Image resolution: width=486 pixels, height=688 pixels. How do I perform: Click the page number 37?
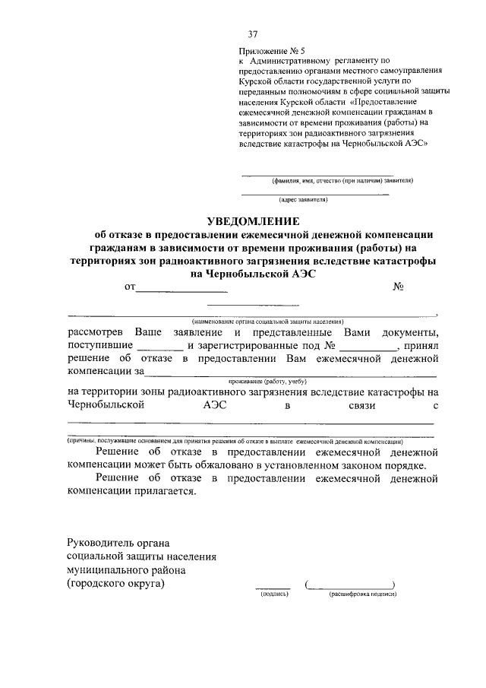coord(253,34)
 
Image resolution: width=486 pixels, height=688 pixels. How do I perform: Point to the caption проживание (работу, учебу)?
coord(265,382)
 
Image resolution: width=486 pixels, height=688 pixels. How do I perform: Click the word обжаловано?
coord(217,465)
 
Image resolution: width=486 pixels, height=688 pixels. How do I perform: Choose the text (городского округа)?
coord(115,583)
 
